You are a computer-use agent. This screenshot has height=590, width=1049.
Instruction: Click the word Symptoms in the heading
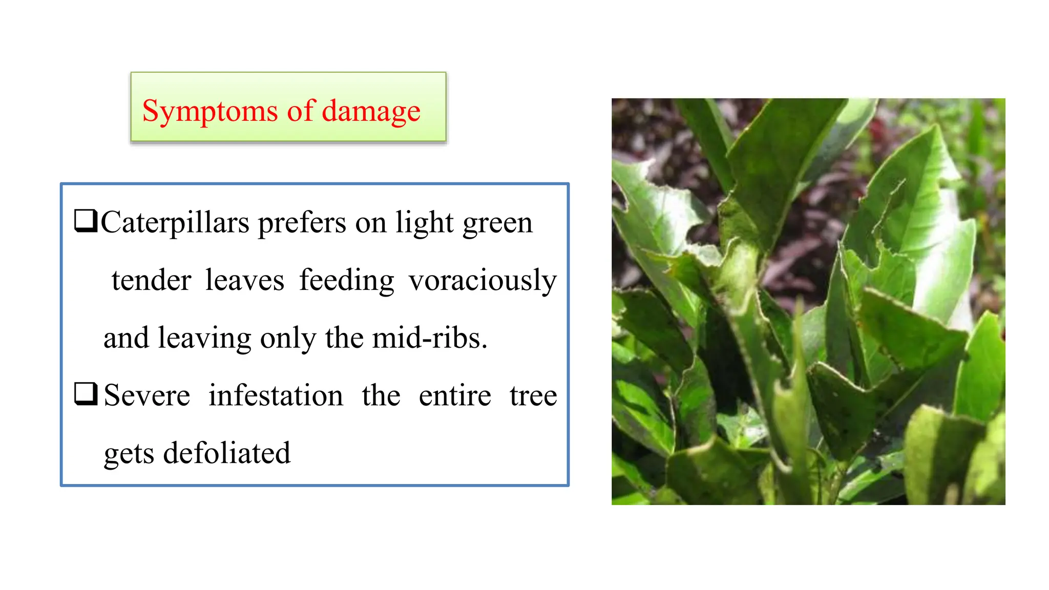(x=209, y=111)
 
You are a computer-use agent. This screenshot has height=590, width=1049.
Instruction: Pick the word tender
(x=152, y=281)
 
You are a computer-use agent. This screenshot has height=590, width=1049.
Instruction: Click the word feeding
(x=347, y=281)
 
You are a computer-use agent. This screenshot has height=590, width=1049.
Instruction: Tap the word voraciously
(x=482, y=281)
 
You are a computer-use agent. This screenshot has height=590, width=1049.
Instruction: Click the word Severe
(x=147, y=396)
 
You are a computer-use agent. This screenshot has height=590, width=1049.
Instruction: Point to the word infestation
(x=276, y=396)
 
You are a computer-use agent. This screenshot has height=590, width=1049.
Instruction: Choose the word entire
(x=455, y=396)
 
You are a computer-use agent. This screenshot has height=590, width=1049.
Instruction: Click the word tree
(x=533, y=396)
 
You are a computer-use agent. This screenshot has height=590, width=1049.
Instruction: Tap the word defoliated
(x=226, y=453)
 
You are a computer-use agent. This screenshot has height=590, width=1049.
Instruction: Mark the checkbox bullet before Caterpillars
(x=86, y=221)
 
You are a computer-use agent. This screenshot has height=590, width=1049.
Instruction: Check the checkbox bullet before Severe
(x=86, y=394)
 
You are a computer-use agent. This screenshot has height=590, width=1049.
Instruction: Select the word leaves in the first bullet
(x=245, y=281)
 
